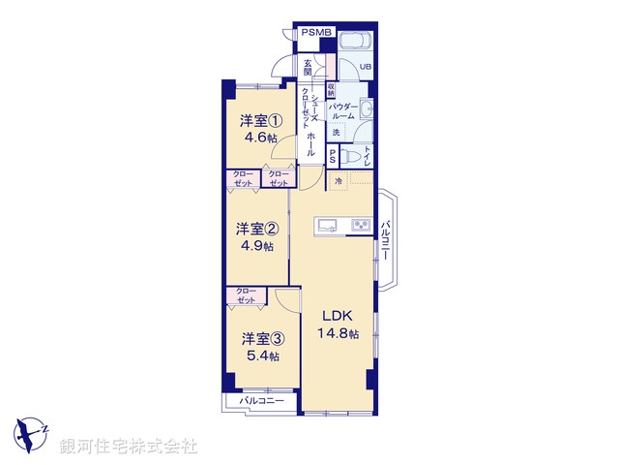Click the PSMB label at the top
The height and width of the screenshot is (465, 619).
tap(315, 32)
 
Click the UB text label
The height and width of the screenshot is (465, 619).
tap(366, 67)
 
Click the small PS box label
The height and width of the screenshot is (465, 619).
tap(334, 156)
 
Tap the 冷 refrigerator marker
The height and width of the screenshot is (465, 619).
tap(339, 180)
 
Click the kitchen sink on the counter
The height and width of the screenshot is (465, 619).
tap(325, 226)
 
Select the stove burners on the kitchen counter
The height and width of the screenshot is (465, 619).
tap(360, 226)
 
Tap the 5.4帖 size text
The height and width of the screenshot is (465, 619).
tap(261, 356)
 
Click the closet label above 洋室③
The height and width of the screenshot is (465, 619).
tap(246, 296)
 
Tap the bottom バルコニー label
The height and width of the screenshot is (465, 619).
tap(262, 400)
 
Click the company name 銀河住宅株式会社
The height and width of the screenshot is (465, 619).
tap(129, 447)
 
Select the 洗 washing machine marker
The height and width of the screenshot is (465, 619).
tap(337, 133)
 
